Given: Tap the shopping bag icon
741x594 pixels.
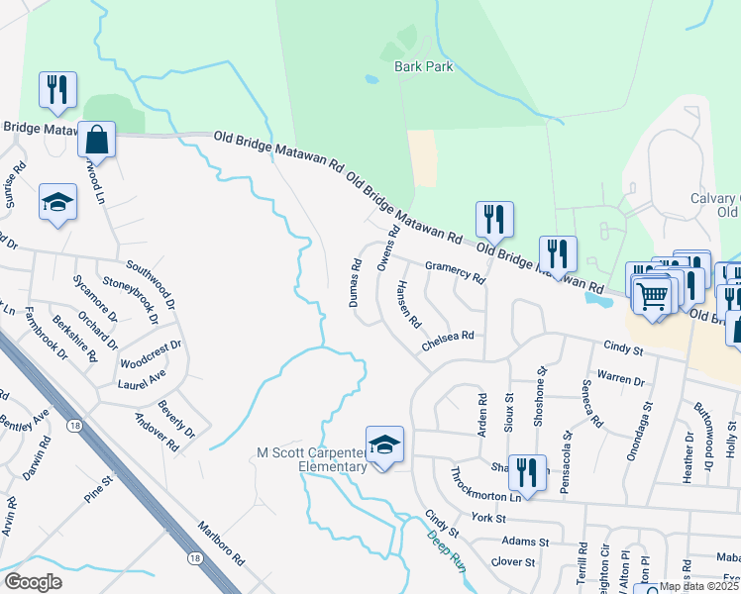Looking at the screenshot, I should [x=97, y=138].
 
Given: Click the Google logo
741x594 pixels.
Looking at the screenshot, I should [x=33, y=582].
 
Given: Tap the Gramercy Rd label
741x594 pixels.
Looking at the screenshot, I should [x=455, y=272].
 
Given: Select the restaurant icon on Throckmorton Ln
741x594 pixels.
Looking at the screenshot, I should [x=530, y=472].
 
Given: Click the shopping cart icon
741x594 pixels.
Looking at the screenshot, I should [x=652, y=294].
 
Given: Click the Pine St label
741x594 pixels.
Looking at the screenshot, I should [x=100, y=489].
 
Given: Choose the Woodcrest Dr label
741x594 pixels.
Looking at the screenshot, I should [x=149, y=351].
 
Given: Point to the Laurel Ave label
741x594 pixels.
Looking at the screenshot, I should [x=141, y=380].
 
